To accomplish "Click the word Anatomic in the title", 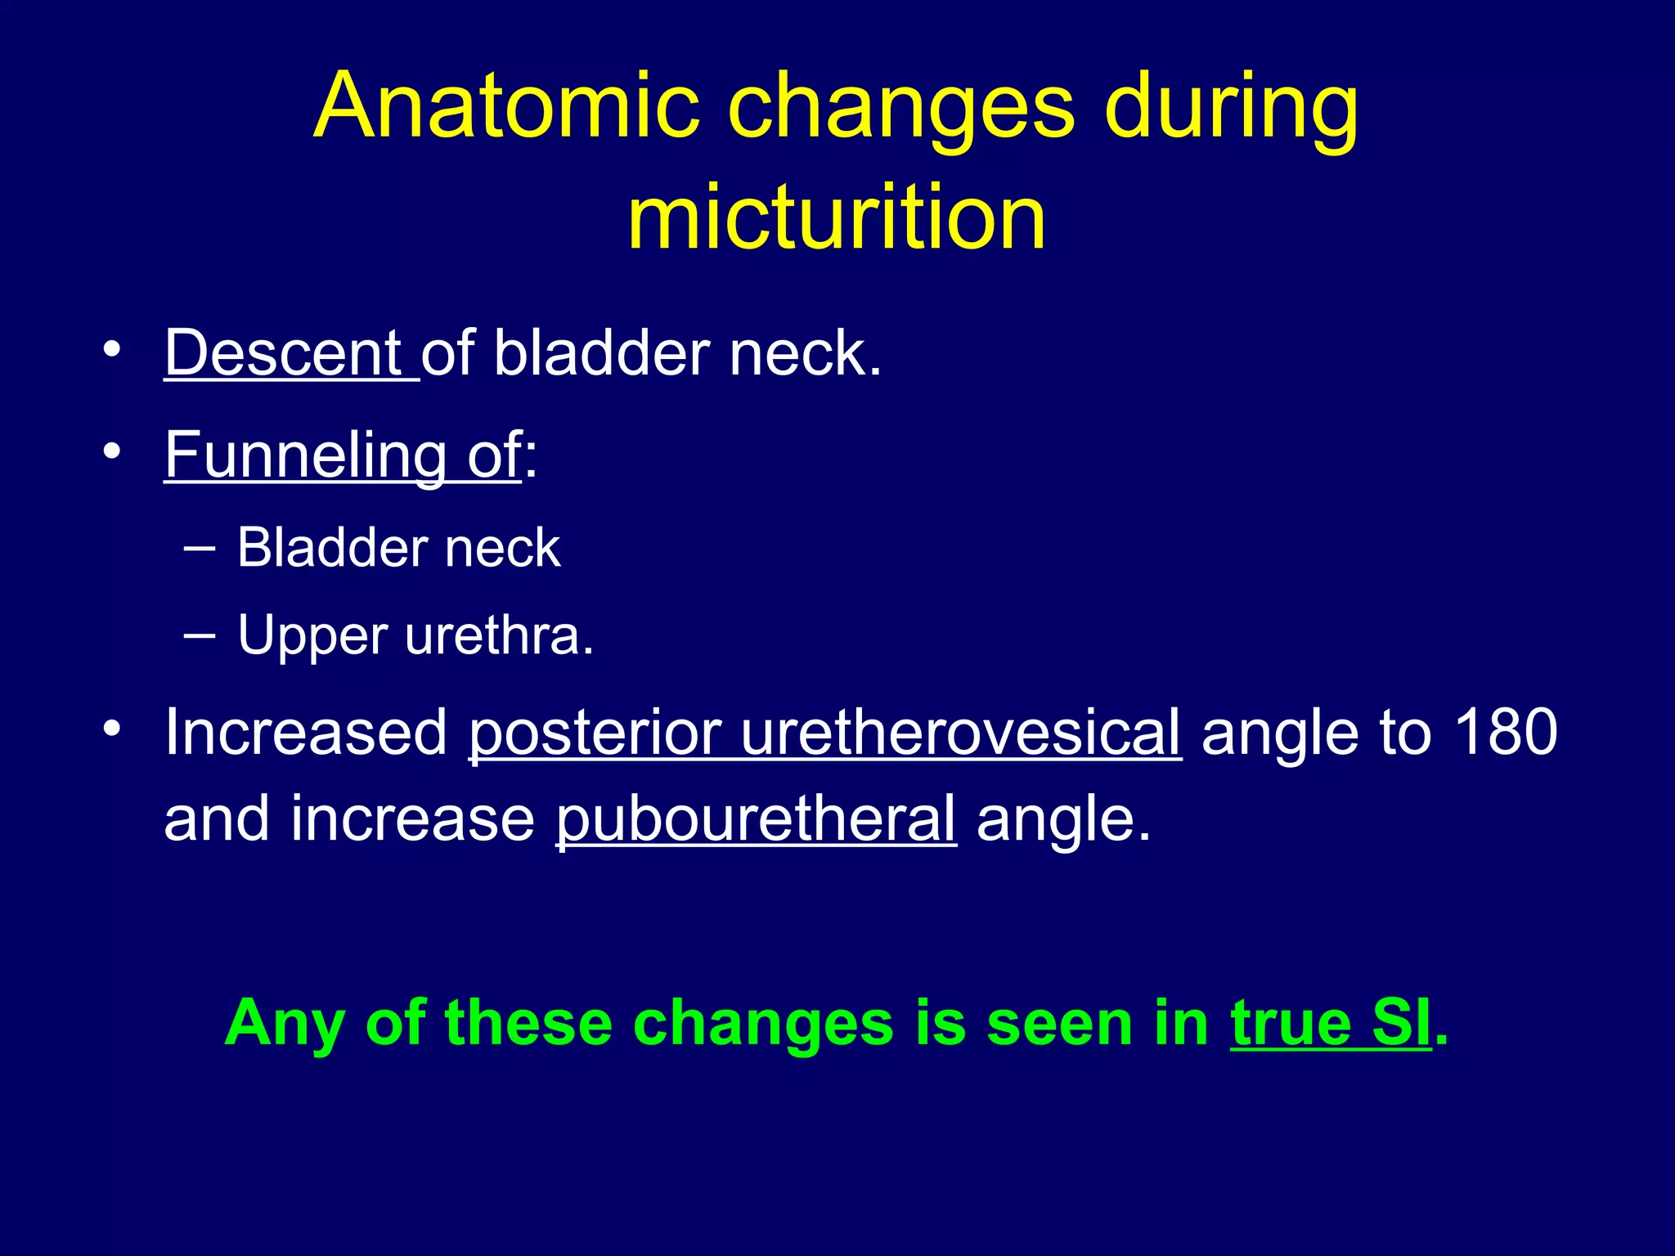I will tap(507, 107).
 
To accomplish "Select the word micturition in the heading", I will tap(837, 217).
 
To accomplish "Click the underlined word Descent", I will tap(283, 353).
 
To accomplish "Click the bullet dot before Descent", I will tap(112, 351).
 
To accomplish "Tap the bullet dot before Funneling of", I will tap(112, 451).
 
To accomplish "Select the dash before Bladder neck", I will tap(200, 548).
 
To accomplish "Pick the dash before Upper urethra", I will tap(200, 635).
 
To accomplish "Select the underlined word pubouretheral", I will tap(756, 819).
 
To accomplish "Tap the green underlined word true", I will tap(1291, 1024).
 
